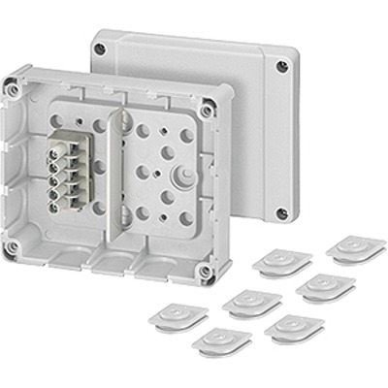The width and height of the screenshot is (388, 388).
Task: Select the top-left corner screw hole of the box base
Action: coord(14,90)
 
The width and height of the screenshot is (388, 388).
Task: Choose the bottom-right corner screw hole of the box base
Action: coord(207,269)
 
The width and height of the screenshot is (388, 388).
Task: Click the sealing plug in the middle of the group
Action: coord(251,304)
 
